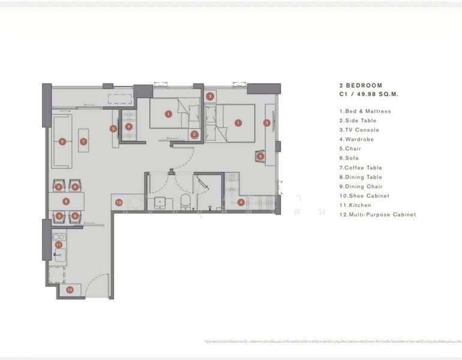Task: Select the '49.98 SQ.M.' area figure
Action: [374, 94]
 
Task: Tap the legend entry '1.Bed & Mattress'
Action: [365, 111]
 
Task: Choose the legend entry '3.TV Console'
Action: [359, 130]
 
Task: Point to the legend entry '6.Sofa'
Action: [351, 158]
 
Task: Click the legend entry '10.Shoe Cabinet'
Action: [364, 196]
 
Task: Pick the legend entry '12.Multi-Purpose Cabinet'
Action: [377, 214]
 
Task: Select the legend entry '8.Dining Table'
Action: [360, 177]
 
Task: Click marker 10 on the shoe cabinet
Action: [70, 290]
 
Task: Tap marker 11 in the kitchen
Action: [58, 245]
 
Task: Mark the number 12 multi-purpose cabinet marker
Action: [119, 202]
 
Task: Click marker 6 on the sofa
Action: [62, 142]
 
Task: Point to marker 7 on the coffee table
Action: [83, 142]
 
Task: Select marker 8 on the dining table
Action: [66, 202]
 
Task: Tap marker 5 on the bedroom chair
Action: [260, 156]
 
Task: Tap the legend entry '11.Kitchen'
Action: [355, 205]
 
